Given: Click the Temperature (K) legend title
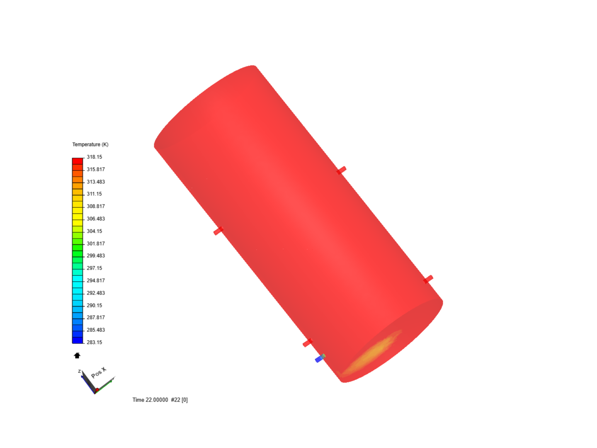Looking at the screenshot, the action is pyautogui.click(x=90, y=144).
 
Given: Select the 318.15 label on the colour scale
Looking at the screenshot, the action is pyautogui.click(x=95, y=157).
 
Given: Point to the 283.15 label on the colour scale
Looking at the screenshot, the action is pyautogui.click(x=95, y=342).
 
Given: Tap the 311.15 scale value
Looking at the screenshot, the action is pyautogui.click(x=95, y=194).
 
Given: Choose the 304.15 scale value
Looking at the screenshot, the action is pyautogui.click(x=95, y=231).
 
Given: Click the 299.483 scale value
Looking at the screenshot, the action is pyautogui.click(x=96, y=256).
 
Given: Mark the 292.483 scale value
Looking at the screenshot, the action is pyautogui.click(x=96, y=293).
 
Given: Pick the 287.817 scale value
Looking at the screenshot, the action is pyautogui.click(x=96, y=317).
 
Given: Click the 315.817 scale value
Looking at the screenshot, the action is pyautogui.click(x=96, y=170).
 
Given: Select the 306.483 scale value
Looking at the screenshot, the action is pyautogui.click(x=96, y=219).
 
